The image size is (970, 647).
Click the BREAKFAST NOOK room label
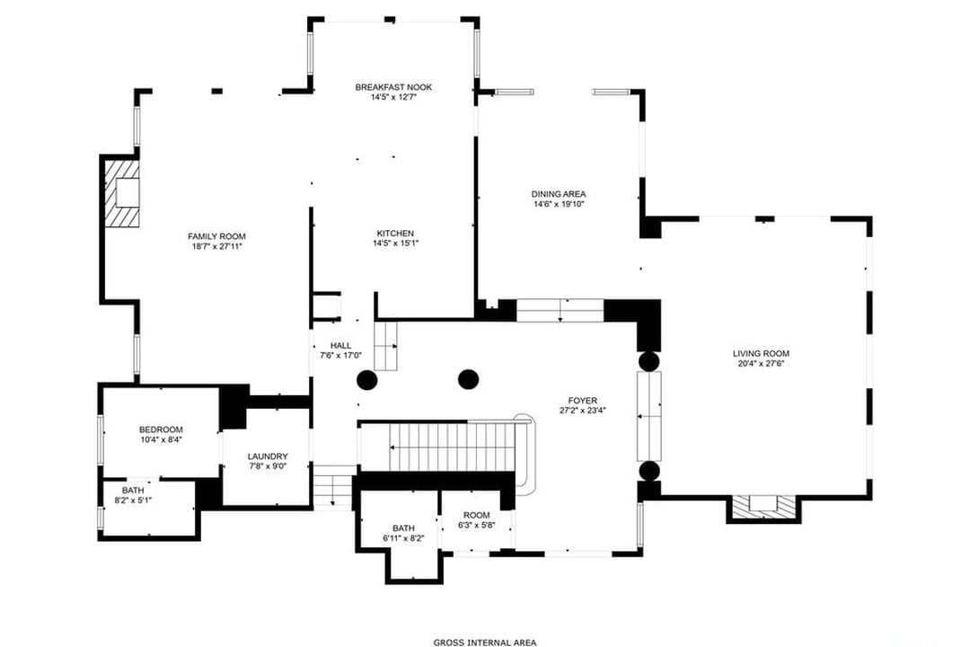[393, 87]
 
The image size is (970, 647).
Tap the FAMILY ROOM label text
[216, 236]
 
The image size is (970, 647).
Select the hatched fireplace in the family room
[122, 195]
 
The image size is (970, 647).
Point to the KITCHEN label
[395, 233]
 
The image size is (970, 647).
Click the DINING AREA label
[559, 193]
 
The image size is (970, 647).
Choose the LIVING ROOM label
[761, 353]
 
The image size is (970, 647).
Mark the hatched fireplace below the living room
[763, 507]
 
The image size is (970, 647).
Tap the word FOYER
[582, 401]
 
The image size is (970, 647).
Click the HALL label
[340, 345]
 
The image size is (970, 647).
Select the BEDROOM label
[161, 430]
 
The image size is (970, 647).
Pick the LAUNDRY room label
[268, 456]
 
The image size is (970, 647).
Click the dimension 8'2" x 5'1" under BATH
[133, 500]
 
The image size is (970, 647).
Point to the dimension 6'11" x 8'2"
[403, 538]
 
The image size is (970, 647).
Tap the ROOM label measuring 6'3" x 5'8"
[476, 515]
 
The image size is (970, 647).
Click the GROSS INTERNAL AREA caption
[484, 643]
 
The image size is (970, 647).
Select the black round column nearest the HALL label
[367, 380]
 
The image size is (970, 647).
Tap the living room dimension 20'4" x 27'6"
[761, 364]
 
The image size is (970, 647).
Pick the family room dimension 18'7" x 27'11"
[216, 246]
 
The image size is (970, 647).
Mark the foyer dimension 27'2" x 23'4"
[582, 411]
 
